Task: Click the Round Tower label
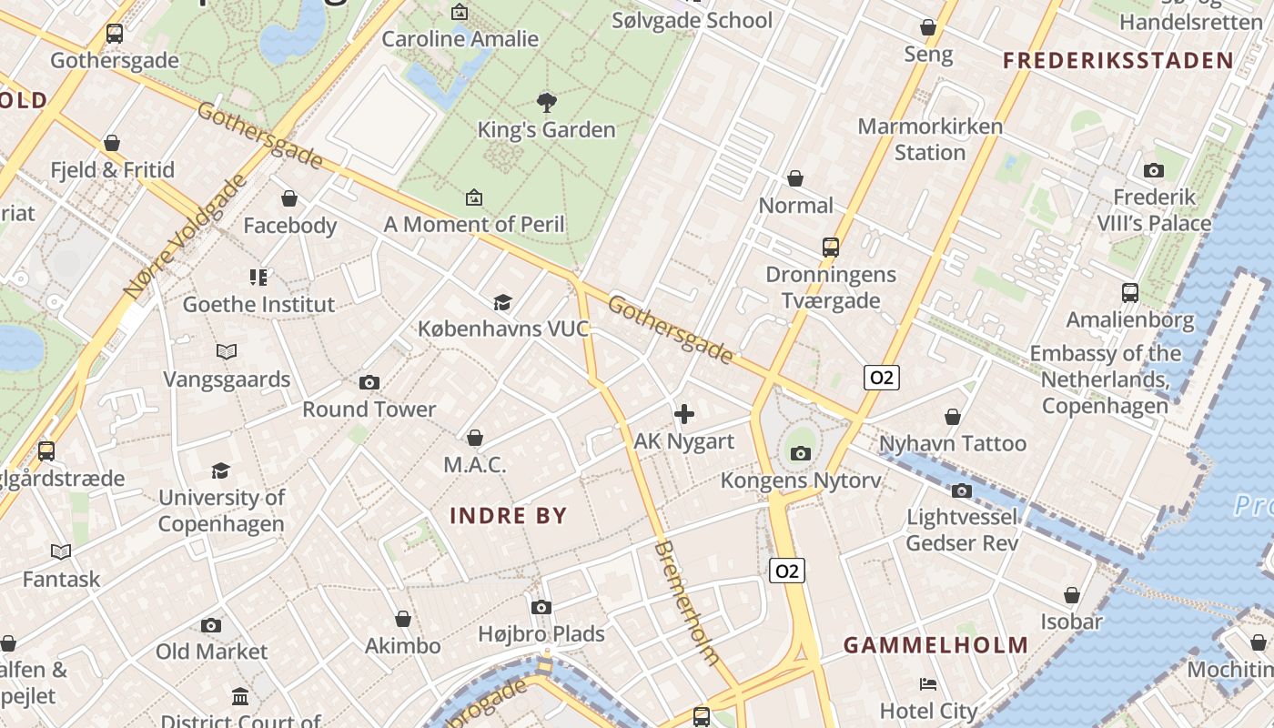(369, 409)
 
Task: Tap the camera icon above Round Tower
(369, 382)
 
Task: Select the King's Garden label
(546, 129)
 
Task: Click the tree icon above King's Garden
(546, 102)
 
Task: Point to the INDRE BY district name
(508, 516)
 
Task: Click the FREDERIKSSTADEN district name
(1117, 61)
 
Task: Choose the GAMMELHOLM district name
(935, 645)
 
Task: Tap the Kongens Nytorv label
(801, 480)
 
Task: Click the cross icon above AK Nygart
(684, 415)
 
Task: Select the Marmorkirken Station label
(930, 139)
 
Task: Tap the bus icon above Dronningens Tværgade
(830, 247)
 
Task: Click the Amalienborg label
(1129, 319)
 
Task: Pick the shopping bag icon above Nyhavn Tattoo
(952, 417)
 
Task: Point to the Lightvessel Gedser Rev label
(962, 530)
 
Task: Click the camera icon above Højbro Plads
(541, 607)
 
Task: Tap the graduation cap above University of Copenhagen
(220, 470)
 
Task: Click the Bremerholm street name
(688, 602)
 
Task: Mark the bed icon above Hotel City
(927, 684)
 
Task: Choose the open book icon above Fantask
(61, 551)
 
